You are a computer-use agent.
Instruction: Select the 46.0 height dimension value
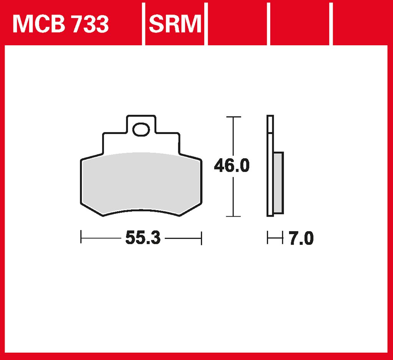tap(232, 166)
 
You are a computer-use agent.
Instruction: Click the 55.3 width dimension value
tap(142, 238)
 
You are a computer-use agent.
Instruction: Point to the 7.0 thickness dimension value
tap(301, 239)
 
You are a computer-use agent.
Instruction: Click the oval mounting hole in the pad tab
tap(141, 130)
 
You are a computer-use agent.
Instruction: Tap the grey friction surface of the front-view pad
tap(141, 182)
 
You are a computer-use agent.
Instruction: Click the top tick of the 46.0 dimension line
tap(233, 117)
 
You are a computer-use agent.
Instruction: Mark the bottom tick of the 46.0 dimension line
tap(233, 216)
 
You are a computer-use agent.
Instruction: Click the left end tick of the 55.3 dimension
tap(81, 237)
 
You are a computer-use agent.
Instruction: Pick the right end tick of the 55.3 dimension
tap(201, 237)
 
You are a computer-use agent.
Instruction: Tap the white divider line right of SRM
tap(205, 23)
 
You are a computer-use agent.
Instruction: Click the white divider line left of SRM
tap(144, 23)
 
